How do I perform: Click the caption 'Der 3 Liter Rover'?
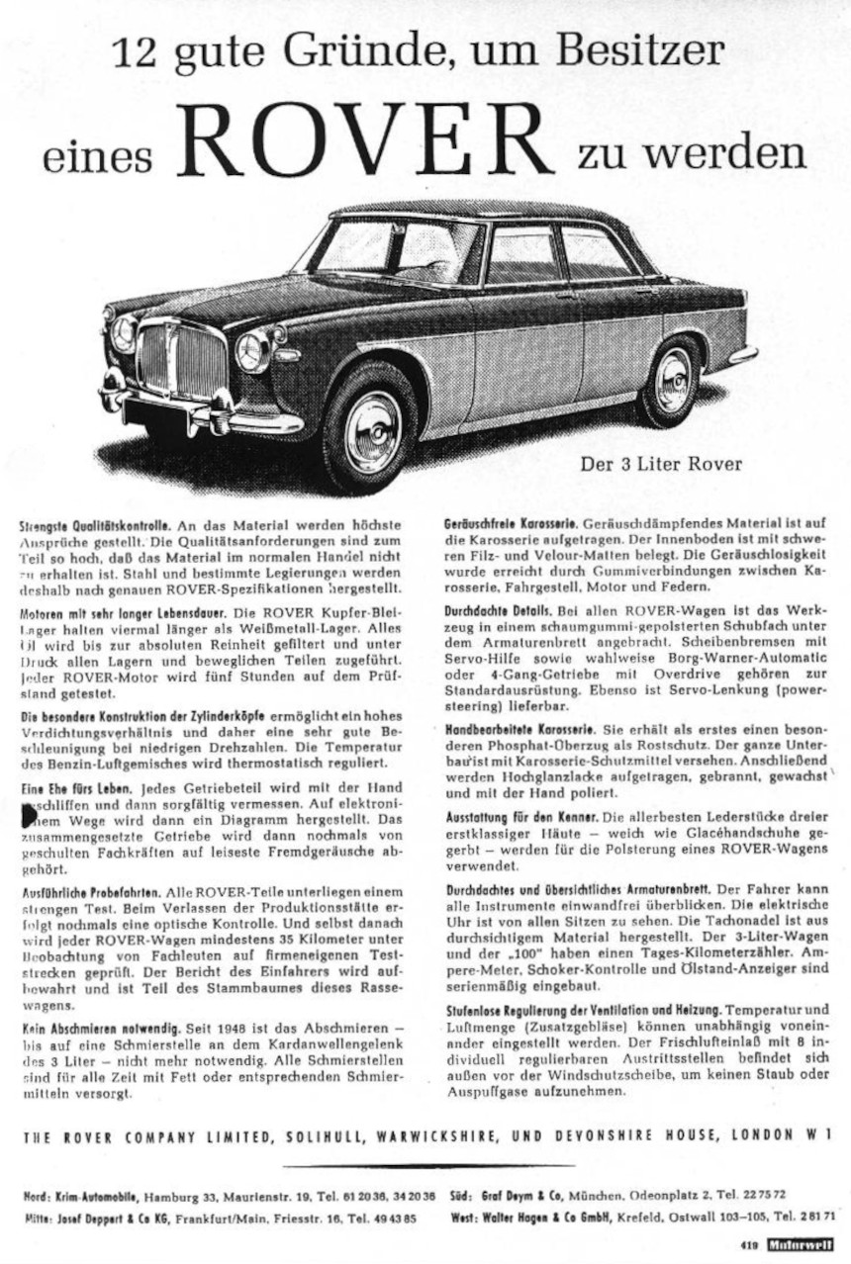[660, 463]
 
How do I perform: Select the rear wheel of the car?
[672, 382]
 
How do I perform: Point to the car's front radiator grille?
[181, 359]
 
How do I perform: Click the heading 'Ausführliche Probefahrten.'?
[93, 890]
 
